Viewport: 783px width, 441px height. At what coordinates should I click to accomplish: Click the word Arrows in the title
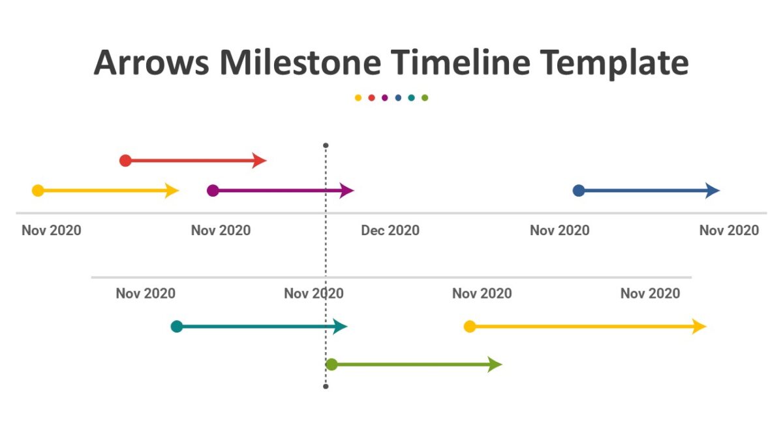(x=151, y=63)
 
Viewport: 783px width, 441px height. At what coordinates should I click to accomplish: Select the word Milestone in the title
(x=300, y=63)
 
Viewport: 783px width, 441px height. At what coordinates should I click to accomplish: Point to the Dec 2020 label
(x=390, y=230)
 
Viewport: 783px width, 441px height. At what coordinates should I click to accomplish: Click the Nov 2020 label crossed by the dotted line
(x=314, y=293)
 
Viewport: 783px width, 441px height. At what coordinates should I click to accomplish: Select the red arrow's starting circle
(x=126, y=161)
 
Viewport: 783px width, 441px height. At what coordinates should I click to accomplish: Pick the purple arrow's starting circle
(x=213, y=191)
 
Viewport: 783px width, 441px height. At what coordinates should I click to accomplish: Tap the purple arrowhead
(x=347, y=191)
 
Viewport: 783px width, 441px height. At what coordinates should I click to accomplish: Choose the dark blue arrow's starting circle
(x=579, y=191)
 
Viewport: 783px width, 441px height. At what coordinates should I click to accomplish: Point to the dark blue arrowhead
(x=713, y=191)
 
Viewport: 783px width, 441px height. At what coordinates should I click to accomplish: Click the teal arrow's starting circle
(x=177, y=327)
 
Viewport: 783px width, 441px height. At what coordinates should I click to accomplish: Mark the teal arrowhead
(x=341, y=327)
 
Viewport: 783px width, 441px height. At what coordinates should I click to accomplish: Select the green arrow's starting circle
(x=331, y=365)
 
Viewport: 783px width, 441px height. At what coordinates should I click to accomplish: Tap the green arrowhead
(x=495, y=365)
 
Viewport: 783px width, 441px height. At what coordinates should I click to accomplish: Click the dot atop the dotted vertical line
(x=326, y=146)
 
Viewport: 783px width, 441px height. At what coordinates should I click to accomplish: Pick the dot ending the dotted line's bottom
(x=326, y=387)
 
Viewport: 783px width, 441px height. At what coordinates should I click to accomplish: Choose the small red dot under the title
(x=371, y=98)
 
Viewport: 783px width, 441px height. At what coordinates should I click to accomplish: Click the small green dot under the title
(x=425, y=98)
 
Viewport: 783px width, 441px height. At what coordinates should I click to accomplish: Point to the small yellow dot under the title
(x=358, y=98)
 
